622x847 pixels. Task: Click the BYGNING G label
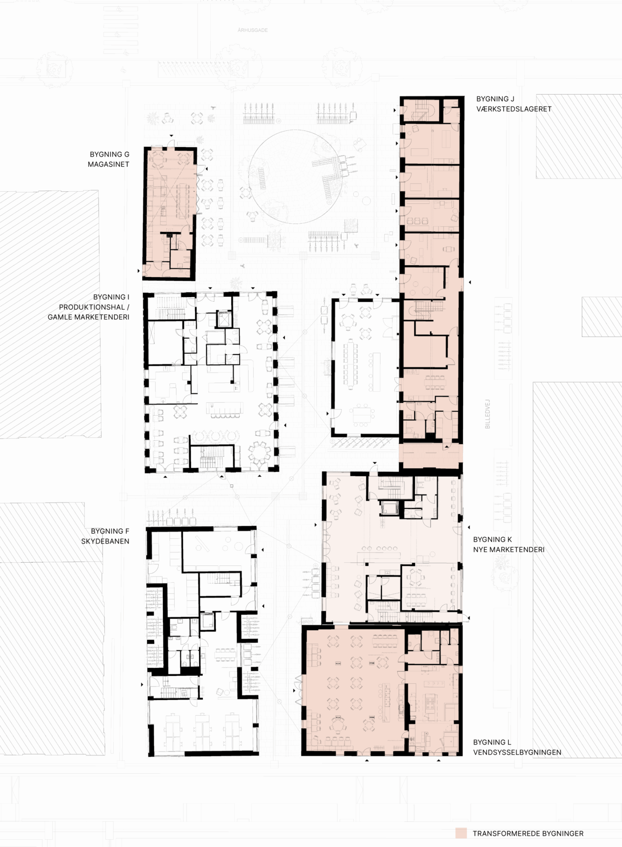pyautogui.click(x=109, y=154)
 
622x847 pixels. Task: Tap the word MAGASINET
pyautogui.click(x=108, y=164)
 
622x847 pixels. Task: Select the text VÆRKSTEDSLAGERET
pyautogui.click(x=514, y=109)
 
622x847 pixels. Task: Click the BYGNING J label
pyautogui.click(x=495, y=99)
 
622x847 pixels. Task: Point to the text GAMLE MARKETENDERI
pyautogui.click(x=88, y=317)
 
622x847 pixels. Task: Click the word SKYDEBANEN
pyautogui.click(x=105, y=541)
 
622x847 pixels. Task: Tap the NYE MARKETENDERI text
pyautogui.click(x=508, y=550)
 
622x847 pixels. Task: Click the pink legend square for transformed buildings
pyautogui.click(x=461, y=833)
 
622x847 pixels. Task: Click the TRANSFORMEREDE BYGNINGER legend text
pyautogui.click(x=528, y=833)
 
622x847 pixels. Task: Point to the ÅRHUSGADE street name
pyautogui.click(x=253, y=30)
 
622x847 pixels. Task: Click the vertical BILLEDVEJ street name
pyautogui.click(x=488, y=414)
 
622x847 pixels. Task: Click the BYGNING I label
pyautogui.click(x=111, y=297)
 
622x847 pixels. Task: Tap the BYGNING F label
pyautogui.click(x=110, y=531)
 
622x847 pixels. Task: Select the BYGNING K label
pyautogui.click(x=492, y=539)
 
